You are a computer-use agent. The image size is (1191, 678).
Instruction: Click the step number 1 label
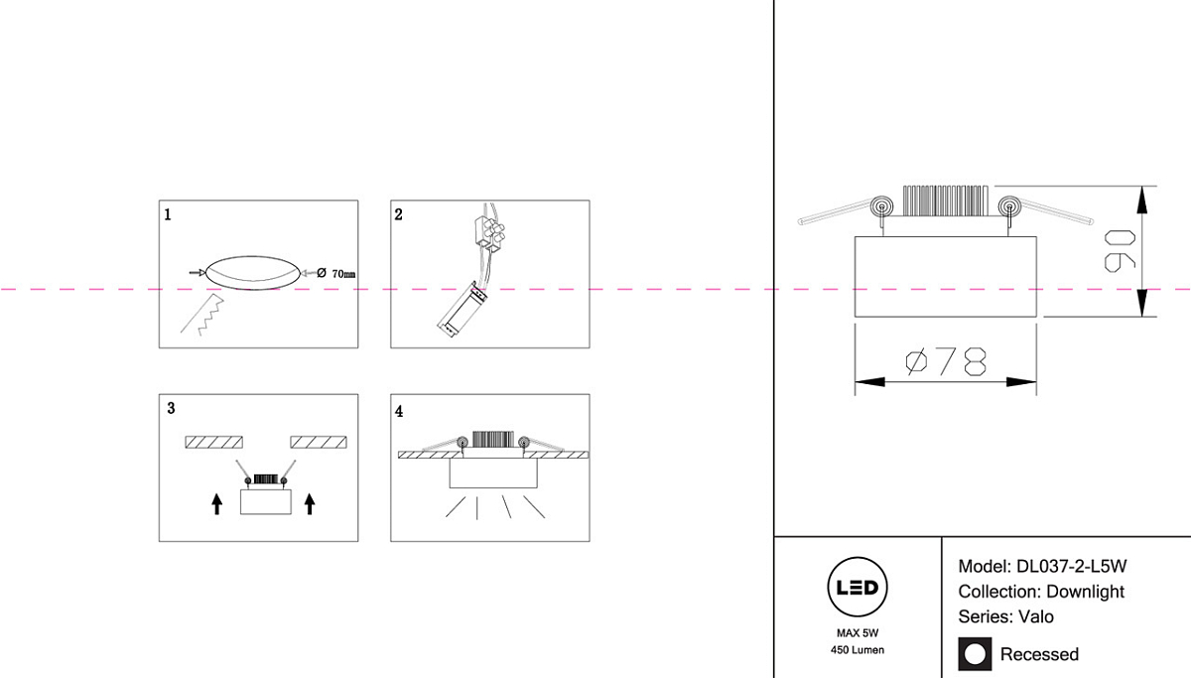click(168, 213)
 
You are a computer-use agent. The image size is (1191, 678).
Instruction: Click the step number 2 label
click(399, 213)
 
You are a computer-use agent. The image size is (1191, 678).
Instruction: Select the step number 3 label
click(171, 408)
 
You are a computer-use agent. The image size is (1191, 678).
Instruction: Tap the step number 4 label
click(399, 410)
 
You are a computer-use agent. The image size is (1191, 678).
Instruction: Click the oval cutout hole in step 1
click(250, 272)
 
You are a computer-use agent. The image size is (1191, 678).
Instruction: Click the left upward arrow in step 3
click(217, 504)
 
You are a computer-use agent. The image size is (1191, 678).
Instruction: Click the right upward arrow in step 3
click(310, 504)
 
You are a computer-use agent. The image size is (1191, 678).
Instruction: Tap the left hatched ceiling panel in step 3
click(214, 442)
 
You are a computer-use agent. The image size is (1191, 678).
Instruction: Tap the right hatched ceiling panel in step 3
click(319, 442)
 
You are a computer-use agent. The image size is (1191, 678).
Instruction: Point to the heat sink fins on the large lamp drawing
click(944, 201)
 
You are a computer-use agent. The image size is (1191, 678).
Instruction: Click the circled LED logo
click(857, 588)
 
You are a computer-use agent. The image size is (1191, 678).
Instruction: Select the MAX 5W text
click(857, 631)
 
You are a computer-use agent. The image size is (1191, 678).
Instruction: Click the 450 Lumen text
click(857, 650)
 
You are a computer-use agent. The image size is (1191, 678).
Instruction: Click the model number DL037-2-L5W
click(1071, 567)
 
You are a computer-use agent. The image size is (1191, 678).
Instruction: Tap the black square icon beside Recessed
click(975, 653)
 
